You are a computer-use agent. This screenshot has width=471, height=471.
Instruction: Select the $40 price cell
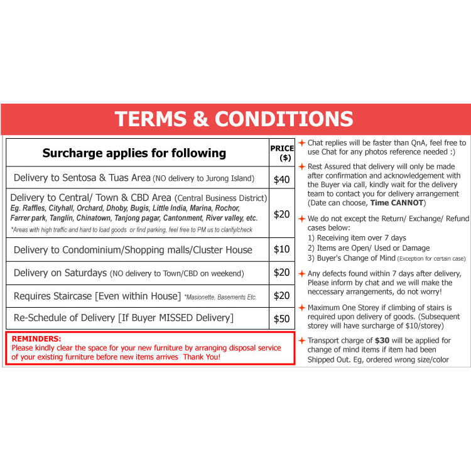[x=282, y=180]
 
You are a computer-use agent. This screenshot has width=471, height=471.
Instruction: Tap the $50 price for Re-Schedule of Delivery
[x=282, y=318]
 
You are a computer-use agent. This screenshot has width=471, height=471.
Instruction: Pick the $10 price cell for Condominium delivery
[x=282, y=249]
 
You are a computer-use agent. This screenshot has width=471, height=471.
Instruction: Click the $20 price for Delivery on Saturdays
[x=282, y=273]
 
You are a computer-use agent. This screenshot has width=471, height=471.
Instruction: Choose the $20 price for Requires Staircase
[x=282, y=295]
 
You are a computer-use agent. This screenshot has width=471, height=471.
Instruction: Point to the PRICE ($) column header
[x=282, y=153]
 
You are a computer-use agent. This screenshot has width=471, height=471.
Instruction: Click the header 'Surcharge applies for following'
[x=134, y=153]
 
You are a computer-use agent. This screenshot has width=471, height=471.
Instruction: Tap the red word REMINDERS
[x=36, y=338]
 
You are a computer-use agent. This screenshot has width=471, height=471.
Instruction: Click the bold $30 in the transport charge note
[x=382, y=340]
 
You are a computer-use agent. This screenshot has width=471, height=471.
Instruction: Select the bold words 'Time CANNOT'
[x=397, y=203]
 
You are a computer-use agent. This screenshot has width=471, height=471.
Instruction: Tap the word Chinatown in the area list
[x=94, y=218]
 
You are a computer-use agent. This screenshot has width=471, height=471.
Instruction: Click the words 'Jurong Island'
[x=229, y=179]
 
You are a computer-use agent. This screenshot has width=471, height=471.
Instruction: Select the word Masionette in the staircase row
[x=206, y=296]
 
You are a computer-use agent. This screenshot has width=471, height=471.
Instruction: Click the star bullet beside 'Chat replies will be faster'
[x=302, y=143]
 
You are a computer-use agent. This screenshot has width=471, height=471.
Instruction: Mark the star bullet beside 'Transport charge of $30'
[x=302, y=340]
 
